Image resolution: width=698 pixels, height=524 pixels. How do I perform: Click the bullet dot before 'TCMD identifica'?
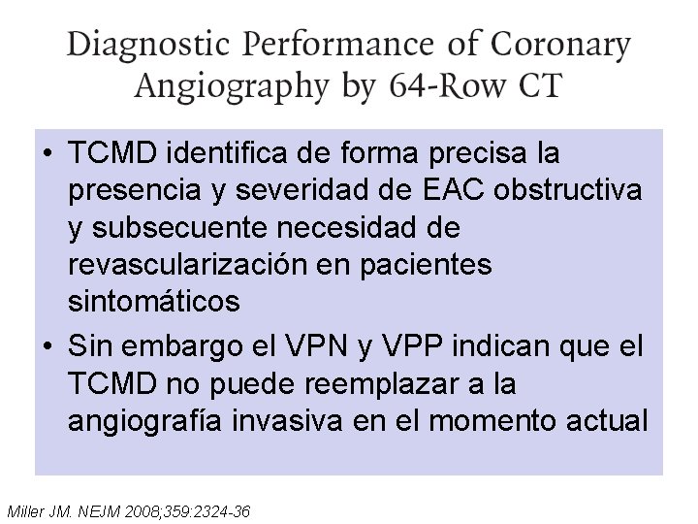coord(48,153)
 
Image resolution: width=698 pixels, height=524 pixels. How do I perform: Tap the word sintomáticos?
coord(154,302)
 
